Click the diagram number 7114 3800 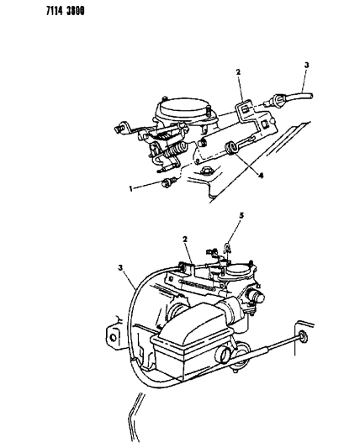66,11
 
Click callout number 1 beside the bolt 131,188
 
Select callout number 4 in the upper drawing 261,176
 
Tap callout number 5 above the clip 241,215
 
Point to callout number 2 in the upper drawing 238,72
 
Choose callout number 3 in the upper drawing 306,65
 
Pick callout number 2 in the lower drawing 185,240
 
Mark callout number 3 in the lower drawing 121,268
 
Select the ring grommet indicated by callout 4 230,148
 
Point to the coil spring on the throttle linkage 175,150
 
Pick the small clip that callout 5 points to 228,247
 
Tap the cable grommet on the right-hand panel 302,336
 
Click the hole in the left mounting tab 114,337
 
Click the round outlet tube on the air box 223,355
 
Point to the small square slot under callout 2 245,108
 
